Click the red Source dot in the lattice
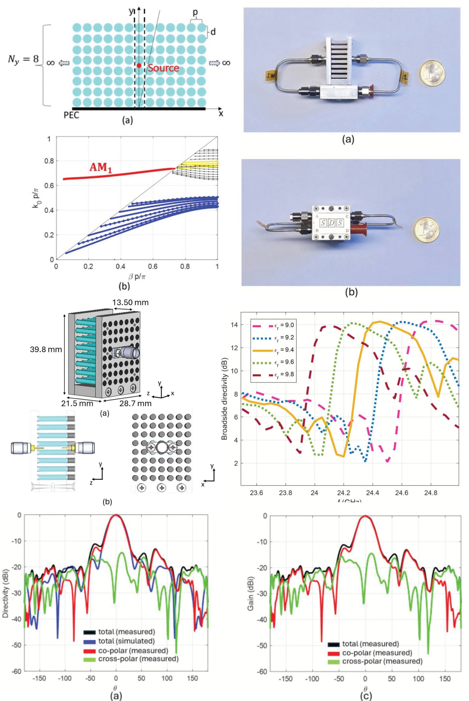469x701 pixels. (139, 65)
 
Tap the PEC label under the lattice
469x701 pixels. (71, 115)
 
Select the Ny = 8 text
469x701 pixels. (23, 59)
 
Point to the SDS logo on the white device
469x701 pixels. (331, 223)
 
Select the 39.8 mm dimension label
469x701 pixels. (46, 349)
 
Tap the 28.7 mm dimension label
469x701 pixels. (135, 403)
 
